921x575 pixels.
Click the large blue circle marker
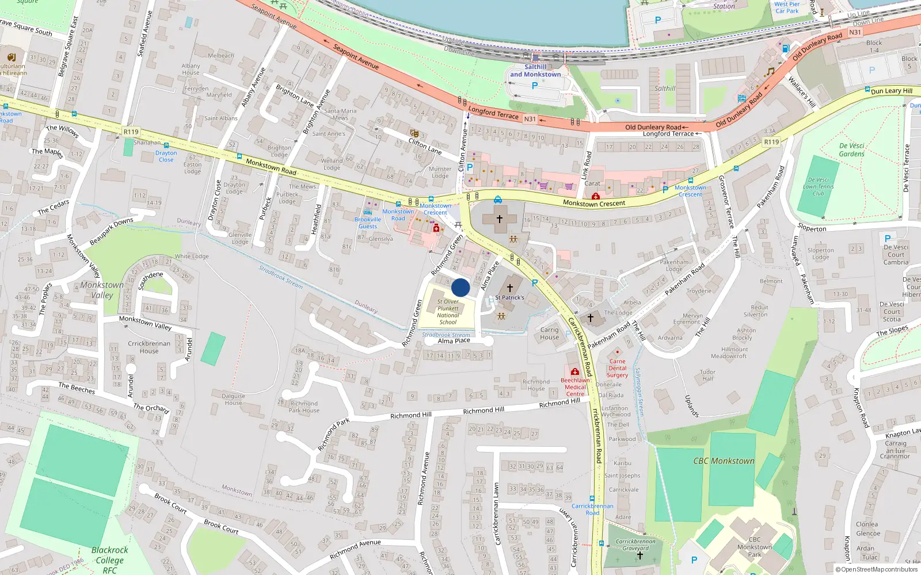(461, 287)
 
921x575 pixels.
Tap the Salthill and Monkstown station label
(535, 71)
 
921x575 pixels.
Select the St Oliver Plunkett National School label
(448, 312)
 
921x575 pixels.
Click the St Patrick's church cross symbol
(509, 287)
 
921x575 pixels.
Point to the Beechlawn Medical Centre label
(575, 386)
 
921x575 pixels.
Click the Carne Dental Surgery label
(617, 368)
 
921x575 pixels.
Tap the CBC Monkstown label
(724, 461)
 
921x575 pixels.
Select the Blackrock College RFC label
(109, 559)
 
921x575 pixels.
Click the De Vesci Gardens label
(851, 149)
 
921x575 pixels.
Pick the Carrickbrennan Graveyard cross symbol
(640, 555)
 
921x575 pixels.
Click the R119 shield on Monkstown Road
(131, 132)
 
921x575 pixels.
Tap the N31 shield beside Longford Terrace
(530, 119)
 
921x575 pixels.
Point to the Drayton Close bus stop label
(166, 156)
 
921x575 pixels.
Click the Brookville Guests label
(368, 223)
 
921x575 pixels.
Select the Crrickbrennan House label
(149, 347)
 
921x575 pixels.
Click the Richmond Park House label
(304, 407)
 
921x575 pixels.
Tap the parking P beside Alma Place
(535, 283)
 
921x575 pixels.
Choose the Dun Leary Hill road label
(891, 91)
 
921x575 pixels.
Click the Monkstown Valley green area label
(102, 290)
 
